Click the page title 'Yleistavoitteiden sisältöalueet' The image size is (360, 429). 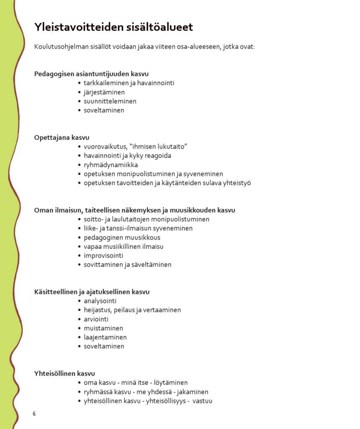click(113, 27)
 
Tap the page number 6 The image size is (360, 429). click(34, 414)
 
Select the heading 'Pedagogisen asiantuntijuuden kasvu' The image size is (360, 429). click(91, 74)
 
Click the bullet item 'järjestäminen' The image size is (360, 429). click(104, 92)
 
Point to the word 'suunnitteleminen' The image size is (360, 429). click(110, 101)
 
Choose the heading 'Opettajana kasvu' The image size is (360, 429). click(62, 137)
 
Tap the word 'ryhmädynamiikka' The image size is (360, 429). click(111, 165)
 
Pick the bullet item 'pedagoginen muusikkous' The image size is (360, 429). click(122, 238)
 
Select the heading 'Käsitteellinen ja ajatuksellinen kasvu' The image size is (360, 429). click(92, 292)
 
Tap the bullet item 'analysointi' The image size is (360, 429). click(100, 301)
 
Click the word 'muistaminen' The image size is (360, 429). click(103, 328)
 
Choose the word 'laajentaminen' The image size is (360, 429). click(105, 337)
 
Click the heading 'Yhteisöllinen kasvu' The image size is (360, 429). click(64, 373)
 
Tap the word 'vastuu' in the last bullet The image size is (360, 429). click(203, 401)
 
